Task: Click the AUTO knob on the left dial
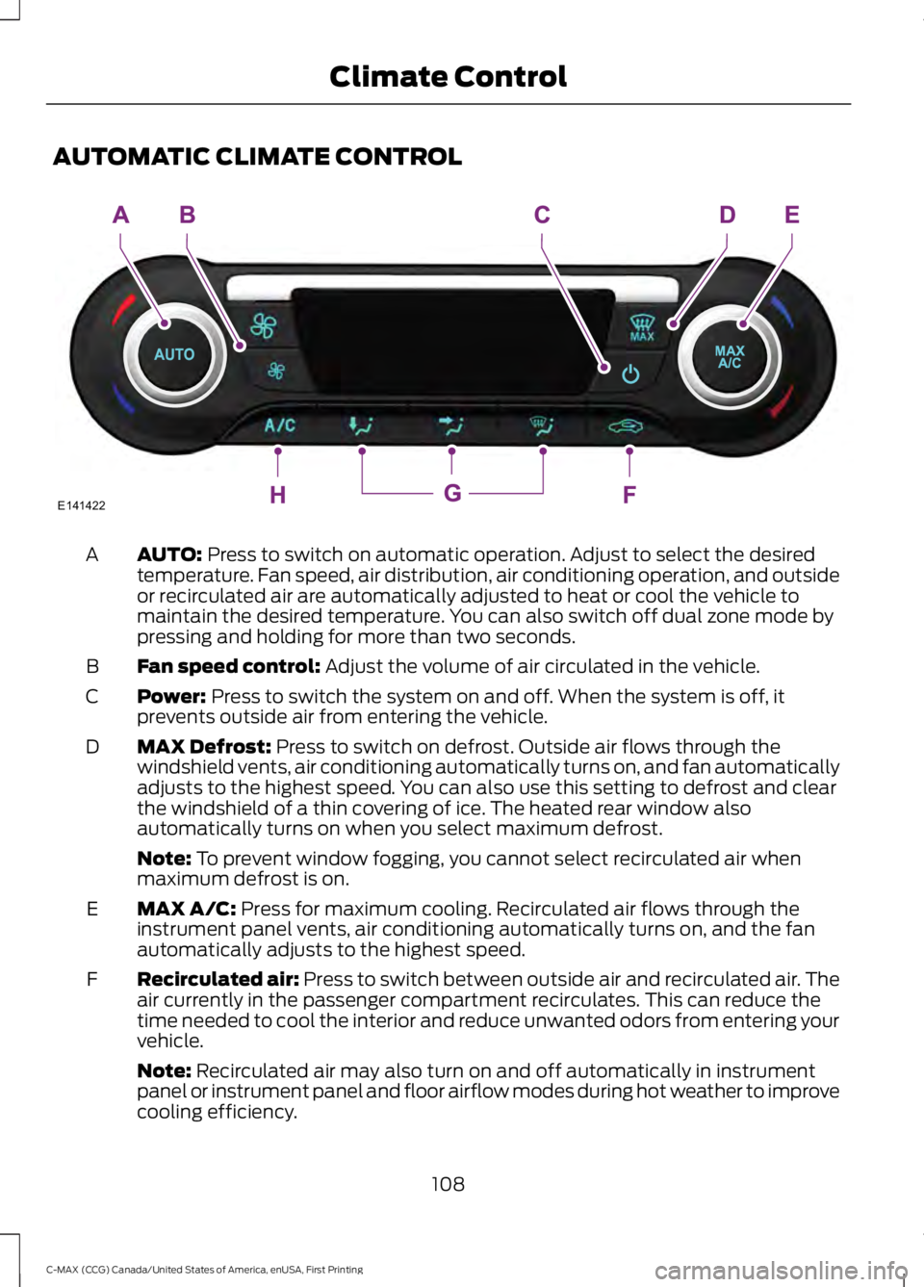point(174,355)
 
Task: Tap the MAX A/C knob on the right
point(729,357)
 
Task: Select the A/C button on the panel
point(280,425)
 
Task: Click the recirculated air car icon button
point(626,425)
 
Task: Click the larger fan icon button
point(263,326)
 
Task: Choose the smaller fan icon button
point(276,371)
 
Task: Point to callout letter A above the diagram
point(121,216)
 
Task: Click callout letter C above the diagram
point(542,216)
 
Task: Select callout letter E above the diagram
point(791,216)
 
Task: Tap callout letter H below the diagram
point(277,496)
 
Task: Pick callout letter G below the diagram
point(452,494)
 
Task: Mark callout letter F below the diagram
point(629,496)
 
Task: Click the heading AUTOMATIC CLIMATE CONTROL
point(257,157)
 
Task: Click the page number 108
point(448,1183)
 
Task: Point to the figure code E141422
point(81,506)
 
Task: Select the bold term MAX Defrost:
point(204,747)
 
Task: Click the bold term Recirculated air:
point(218,980)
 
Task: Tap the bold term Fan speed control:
point(228,666)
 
